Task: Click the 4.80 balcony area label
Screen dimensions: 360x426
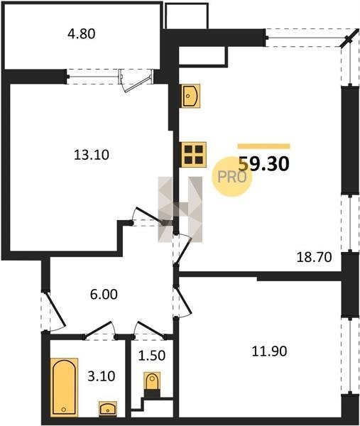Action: (x=82, y=34)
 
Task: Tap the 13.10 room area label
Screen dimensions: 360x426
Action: (x=92, y=155)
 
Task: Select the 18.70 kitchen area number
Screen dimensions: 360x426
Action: (x=314, y=257)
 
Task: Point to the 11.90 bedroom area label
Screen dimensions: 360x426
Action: (x=269, y=351)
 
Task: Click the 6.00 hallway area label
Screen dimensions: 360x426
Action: (x=104, y=294)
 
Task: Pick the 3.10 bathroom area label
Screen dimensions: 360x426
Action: (x=102, y=376)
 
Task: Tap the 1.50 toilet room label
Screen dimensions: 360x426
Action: (x=152, y=356)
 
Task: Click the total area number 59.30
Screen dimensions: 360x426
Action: (x=263, y=164)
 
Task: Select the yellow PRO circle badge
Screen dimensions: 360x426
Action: (x=231, y=177)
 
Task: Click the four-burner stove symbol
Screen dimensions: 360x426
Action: (x=194, y=155)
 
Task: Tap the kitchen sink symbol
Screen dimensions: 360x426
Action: (x=191, y=96)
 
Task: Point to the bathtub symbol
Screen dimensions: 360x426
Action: (x=64, y=387)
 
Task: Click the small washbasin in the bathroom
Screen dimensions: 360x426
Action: (x=108, y=408)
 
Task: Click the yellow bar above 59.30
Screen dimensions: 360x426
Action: (x=264, y=146)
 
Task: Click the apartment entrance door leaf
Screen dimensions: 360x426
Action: (x=57, y=309)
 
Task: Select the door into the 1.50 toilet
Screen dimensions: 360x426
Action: (x=151, y=330)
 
